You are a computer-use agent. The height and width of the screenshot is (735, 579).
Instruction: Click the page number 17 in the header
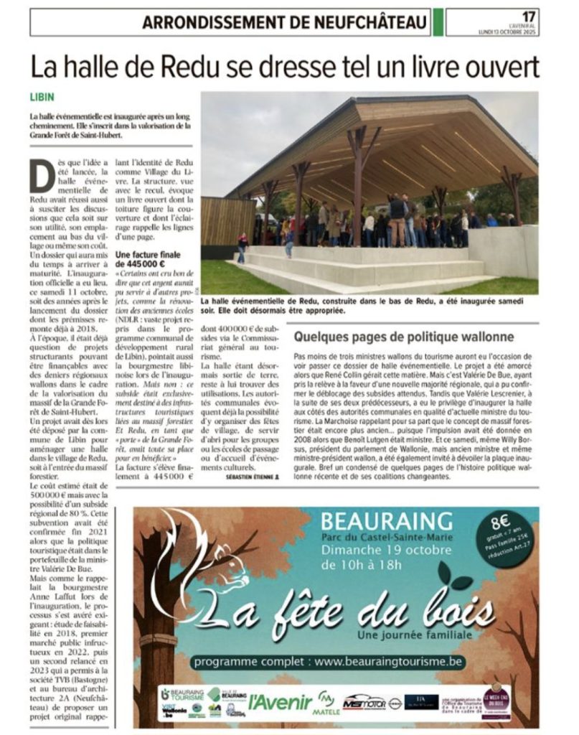529,16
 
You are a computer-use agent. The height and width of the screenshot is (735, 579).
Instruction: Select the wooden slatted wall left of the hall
227,220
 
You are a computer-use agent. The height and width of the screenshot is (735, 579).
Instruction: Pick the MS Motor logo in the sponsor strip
364,702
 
